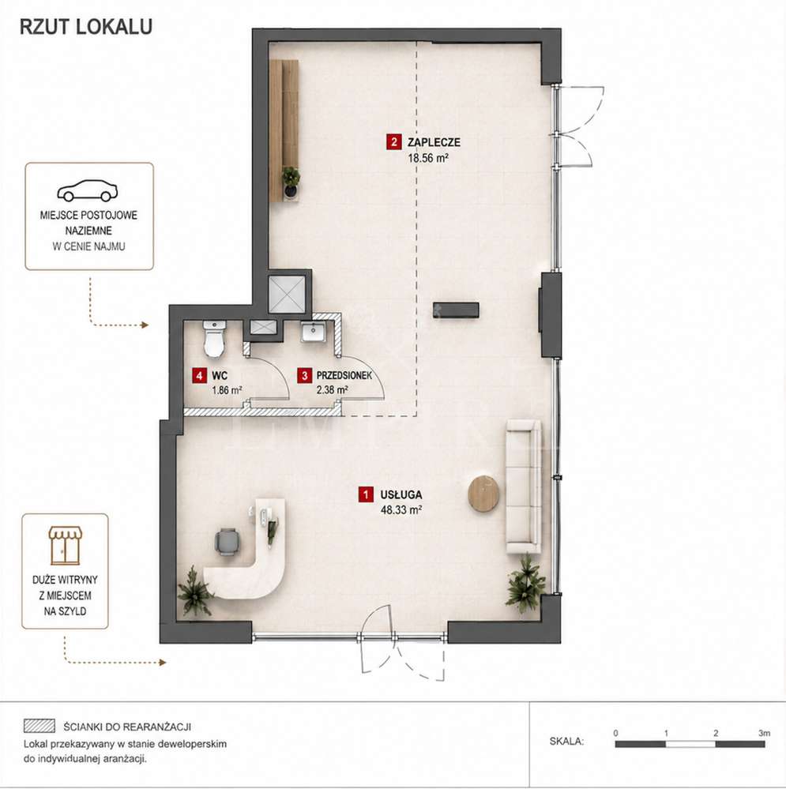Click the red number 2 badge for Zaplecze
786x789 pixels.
(393, 142)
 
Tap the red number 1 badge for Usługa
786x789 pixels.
(366, 494)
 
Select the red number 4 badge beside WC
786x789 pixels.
(200, 375)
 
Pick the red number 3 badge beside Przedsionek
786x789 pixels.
(304, 375)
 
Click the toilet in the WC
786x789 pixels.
(214, 339)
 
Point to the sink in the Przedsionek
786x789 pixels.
(314, 332)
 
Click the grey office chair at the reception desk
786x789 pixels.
(228, 542)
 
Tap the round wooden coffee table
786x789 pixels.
(484, 494)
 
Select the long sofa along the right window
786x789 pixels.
(524, 487)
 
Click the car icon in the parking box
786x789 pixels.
(88, 190)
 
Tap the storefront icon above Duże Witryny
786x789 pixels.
(65, 546)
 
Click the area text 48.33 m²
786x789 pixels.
(401, 509)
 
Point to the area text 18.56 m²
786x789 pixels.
(428, 158)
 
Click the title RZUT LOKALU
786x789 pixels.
(86, 27)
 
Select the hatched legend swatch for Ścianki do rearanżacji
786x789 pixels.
(39, 726)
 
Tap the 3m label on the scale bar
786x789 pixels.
(765, 733)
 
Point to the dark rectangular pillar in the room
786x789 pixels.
(456, 310)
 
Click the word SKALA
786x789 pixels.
(566, 741)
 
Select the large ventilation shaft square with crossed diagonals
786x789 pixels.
(287, 295)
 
